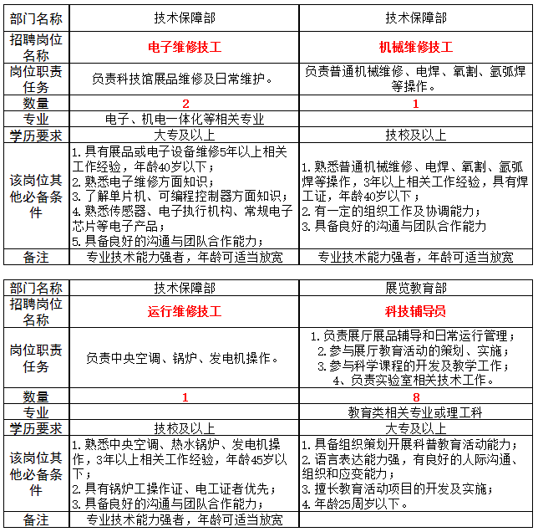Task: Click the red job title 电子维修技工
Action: (184, 47)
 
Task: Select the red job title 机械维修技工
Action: (415, 47)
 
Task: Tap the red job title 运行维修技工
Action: (184, 312)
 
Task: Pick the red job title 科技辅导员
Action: (415, 312)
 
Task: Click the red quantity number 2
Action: (184, 103)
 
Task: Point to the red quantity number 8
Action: (415, 396)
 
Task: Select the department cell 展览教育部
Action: (415, 288)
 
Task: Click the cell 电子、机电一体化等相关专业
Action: (184, 119)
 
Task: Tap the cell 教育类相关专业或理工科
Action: (415, 412)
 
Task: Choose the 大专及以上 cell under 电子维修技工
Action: (184, 135)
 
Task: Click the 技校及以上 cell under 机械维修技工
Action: (415, 135)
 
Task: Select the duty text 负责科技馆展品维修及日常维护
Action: (184, 79)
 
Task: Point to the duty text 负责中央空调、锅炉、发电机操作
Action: (184, 358)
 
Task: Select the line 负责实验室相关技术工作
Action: (415, 381)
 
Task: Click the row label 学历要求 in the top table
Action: (35, 135)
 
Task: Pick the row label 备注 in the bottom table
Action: (35, 520)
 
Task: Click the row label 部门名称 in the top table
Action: (35, 17)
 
